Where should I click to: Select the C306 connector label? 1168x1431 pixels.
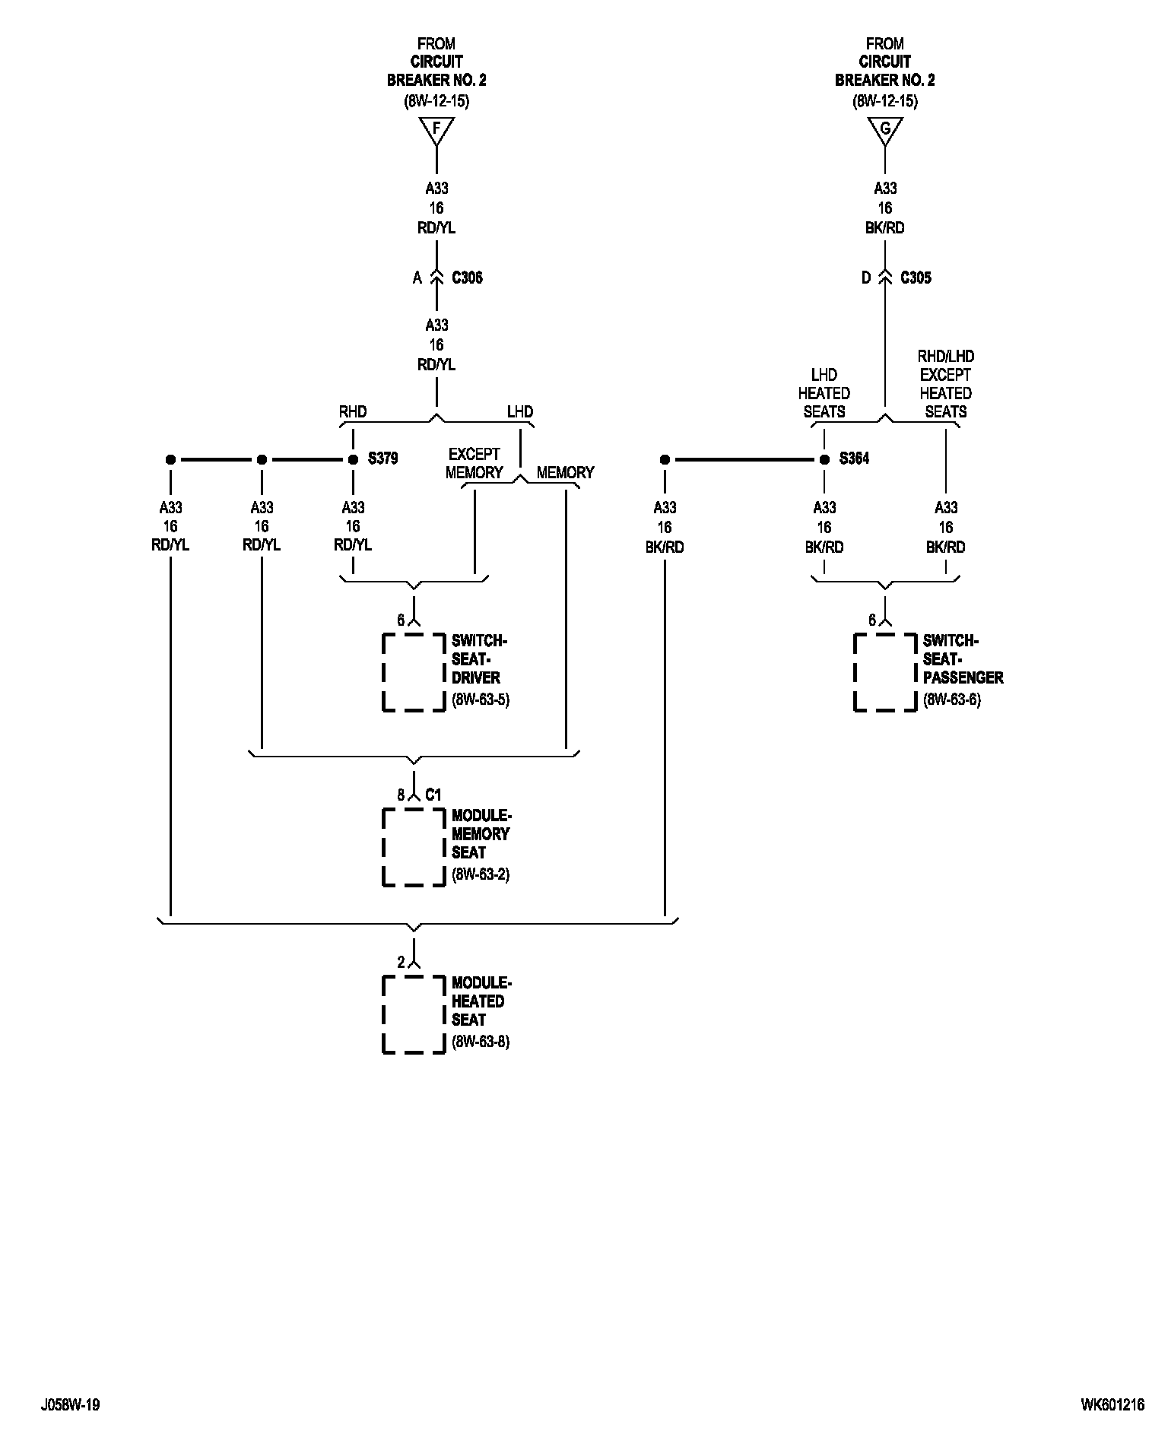[x=467, y=278]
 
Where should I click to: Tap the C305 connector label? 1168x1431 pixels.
[x=916, y=278]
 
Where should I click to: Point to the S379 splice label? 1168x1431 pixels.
[x=382, y=459]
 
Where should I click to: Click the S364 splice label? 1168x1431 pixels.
[x=854, y=459]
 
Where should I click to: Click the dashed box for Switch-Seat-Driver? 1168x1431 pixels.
[x=414, y=672]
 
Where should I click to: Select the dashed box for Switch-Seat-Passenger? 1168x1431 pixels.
[x=885, y=672]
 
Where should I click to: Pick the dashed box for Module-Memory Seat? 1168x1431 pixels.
[x=414, y=847]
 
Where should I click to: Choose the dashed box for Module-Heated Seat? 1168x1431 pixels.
[x=414, y=1014]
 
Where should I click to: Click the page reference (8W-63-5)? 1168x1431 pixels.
[x=481, y=700]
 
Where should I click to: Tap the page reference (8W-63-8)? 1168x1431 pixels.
[x=481, y=1042]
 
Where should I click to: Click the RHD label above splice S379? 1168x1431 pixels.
[x=353, y=412]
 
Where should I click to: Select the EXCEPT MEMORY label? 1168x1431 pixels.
[x=474, y=464]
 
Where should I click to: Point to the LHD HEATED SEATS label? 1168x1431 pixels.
[x=824, y=393]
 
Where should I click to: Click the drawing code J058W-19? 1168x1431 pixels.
[x=71, y=1405]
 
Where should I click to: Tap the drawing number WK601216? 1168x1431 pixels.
[x=1112, y=1405]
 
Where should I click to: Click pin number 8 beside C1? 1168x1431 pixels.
[x=401, y=795]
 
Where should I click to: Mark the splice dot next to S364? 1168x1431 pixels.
[x=824, y=459]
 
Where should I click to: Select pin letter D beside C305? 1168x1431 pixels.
[x=865, y=278]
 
